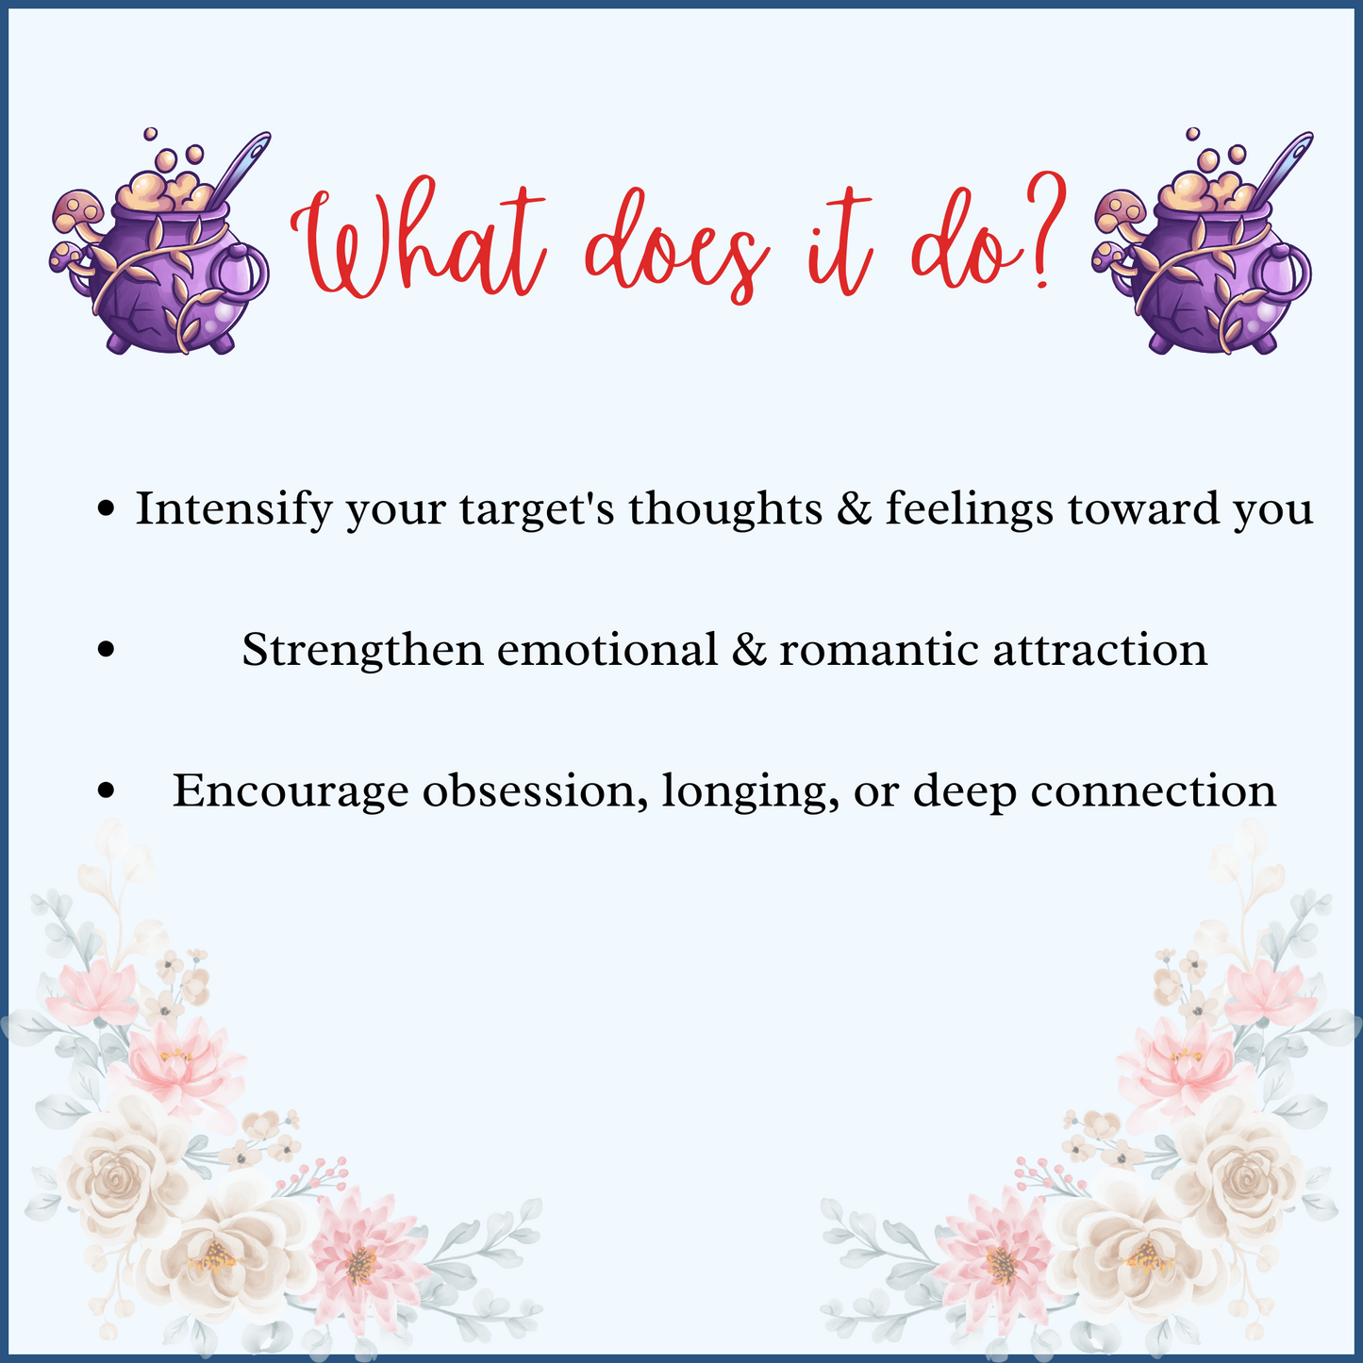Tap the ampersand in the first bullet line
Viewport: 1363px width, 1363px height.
pyautogui.click(x=854, y=508)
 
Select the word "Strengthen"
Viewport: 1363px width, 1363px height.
pyautogui.click(x=362, y=650)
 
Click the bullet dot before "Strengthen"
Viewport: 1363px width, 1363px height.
pyautogui.click(x=107, y=650)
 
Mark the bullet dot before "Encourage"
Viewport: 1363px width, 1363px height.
pyautogui.click(x=107, y=790)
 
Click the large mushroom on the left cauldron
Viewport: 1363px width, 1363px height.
pyautogui.click(x=77, y=209)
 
